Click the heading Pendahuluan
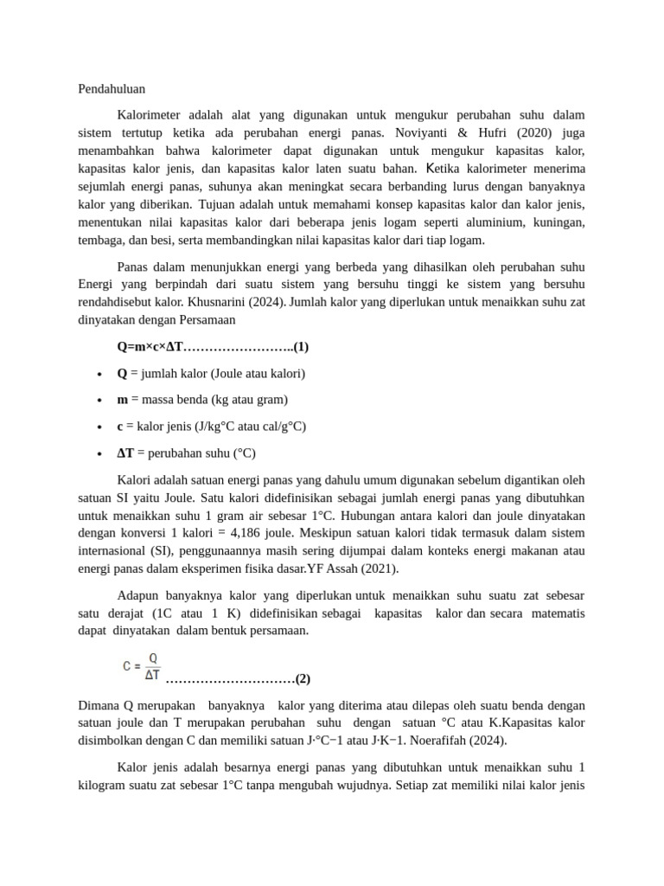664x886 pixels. tap(111, 88)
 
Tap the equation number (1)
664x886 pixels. tap(300, 347)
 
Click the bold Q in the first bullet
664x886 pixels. tap(122, 373)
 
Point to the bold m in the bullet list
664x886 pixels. tap(123, 400)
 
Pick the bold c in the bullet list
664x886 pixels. tap(120, 427)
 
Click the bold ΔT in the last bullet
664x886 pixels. tap(125, 453)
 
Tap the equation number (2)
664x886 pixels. tap(302, 678)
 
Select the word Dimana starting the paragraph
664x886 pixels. tap(99, 704)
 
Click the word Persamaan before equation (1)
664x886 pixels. tap(207, 320)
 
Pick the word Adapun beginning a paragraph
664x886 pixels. tap(137, 596)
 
